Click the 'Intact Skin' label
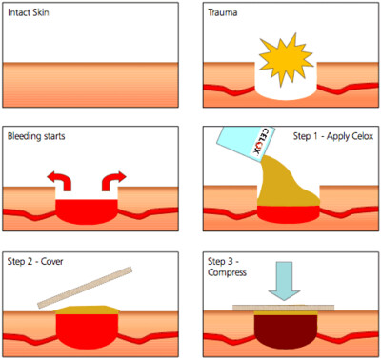click(x=29, y=12)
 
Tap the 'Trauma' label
click(x=223, y=12)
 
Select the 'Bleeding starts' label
click(x=36, y=136)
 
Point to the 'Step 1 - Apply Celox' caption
click(x=333, y=136)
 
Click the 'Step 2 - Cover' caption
click(x=35, y=262)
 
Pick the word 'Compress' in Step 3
click(x=227, y=272)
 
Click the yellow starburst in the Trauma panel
click(x=286, y=59)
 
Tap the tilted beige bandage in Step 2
click(x=85, y=288)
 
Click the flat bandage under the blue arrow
click(x=283, y=308)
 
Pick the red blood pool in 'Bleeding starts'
click(x=87, y=211)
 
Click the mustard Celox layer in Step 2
click(x=88, y=310)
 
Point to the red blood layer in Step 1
click(x=289, y=214)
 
